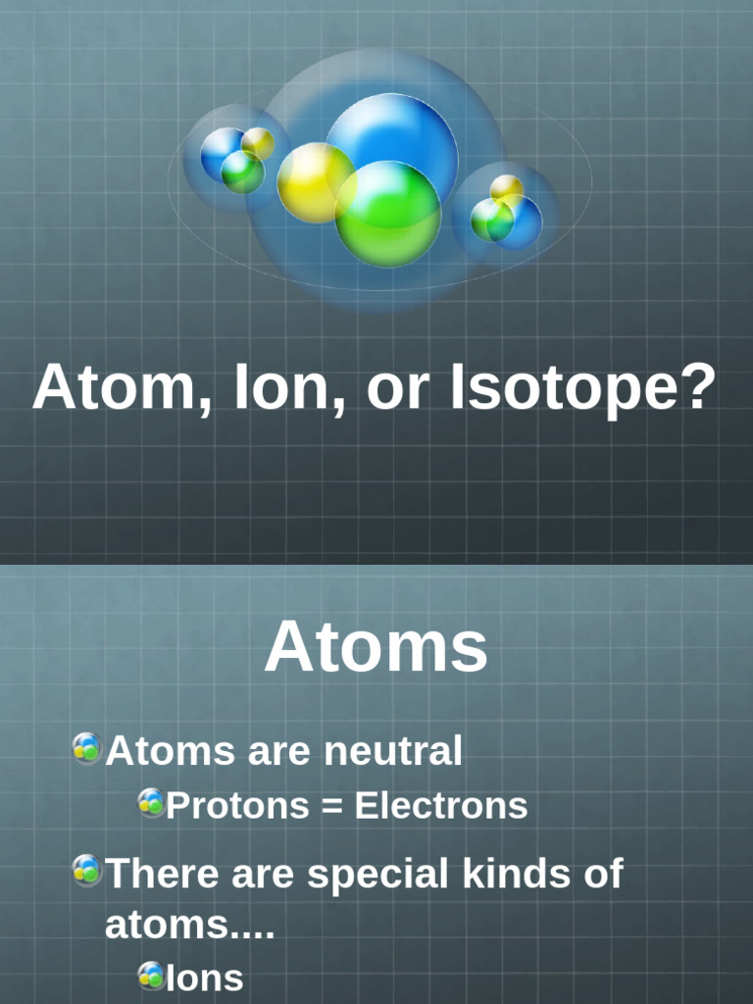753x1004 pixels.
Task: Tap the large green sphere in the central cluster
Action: tap(388, 214)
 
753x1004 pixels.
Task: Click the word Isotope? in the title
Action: tap(583, 388)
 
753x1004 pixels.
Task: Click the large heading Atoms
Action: tap(376, 647)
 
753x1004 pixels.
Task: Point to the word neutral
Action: tap(393, 752)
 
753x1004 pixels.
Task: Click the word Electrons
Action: tap(440, 806)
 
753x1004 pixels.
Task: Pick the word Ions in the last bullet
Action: tap(205, 977)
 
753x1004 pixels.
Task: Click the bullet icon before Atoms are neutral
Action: tap(86, 749)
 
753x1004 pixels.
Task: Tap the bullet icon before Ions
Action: tap(151, 975)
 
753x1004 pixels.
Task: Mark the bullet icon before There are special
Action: tap(86, 870)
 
